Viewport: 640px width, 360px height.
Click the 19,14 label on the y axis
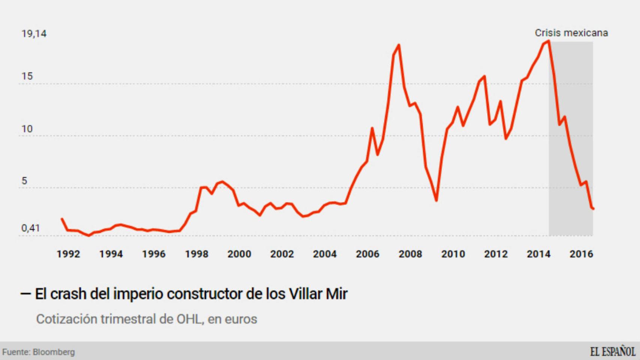tap(34, 34)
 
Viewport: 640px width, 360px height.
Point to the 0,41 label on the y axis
tap(30, 228)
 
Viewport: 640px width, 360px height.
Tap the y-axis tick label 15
tap(27, 76)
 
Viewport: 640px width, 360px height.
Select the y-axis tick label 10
tap(27, 129)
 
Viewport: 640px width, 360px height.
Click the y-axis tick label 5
tap(24, 181)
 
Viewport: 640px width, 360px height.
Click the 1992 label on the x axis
tap(68, 254)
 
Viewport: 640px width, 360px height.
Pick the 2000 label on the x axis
tap(239, 254)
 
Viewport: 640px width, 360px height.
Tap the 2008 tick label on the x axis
tap(410, 254)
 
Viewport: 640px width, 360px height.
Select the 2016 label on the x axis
tap(581, 254)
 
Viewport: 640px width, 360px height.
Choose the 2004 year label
tap(325, 254)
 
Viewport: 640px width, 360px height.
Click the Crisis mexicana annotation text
tap(571, 33)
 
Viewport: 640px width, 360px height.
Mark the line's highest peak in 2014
tap(548, 41)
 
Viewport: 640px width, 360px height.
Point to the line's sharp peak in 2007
tap(398, 45)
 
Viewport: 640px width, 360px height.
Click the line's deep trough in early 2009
tap(436, 201)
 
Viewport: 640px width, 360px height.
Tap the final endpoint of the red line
tap(593, 209)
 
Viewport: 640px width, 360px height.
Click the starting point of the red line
tap(62, 219)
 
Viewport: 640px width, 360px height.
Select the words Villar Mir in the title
tap(318, 294)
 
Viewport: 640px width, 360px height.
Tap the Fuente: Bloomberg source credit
tap(39, 352)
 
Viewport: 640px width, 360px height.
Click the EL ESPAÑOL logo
tap(612, 352)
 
